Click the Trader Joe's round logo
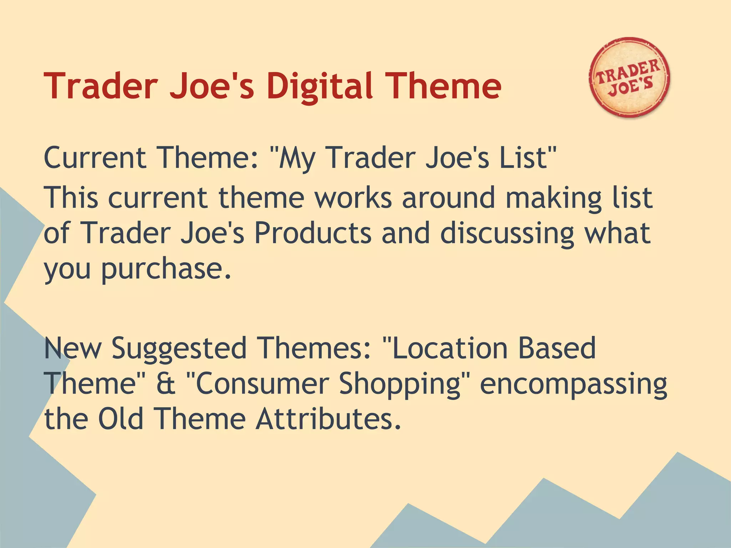tap(629, 78)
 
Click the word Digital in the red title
tap(320, 86)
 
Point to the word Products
tap(313, 233)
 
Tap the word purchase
tap(166, 270)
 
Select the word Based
tap(557, 348)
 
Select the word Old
tap(121, 419)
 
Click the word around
tap(448, 198)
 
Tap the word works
tap(353, 198)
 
